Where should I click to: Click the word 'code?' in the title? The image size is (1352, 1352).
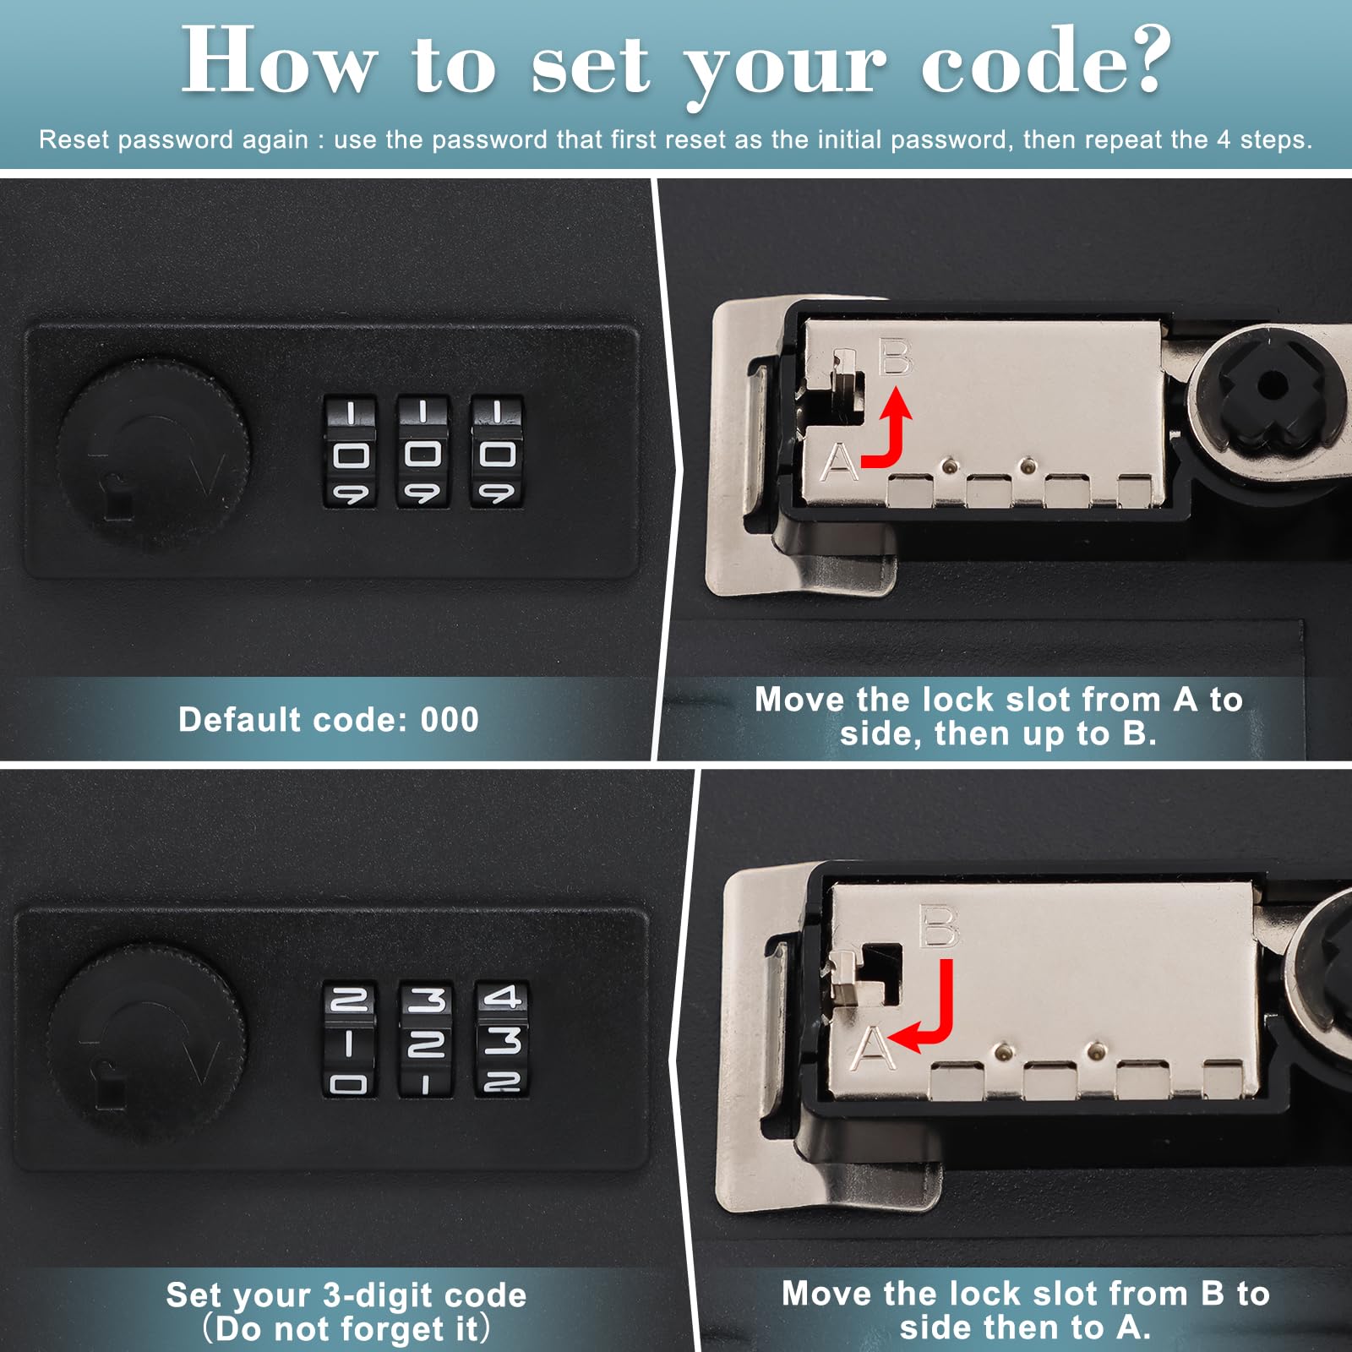coord(1046,60)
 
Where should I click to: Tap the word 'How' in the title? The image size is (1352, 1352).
coord(278,60)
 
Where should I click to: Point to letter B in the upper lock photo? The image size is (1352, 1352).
coord(896,357)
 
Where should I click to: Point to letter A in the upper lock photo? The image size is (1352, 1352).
coord(840,461)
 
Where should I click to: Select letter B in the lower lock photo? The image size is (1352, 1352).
coord(939,927)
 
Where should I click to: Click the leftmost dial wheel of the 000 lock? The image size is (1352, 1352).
coord(351,452)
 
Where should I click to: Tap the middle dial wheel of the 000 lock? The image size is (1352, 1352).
coord(423,452)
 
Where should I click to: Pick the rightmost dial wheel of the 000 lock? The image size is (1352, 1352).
coord(497,452)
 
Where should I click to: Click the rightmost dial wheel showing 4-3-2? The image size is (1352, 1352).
coord(502,1039)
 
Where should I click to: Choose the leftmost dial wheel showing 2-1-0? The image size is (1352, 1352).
coord(349,1039)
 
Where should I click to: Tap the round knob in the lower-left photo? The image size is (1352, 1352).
coord(146,1041)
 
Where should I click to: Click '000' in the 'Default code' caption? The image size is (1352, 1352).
coord(450,720)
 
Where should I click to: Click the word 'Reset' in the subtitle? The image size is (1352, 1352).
coord(74,139)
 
